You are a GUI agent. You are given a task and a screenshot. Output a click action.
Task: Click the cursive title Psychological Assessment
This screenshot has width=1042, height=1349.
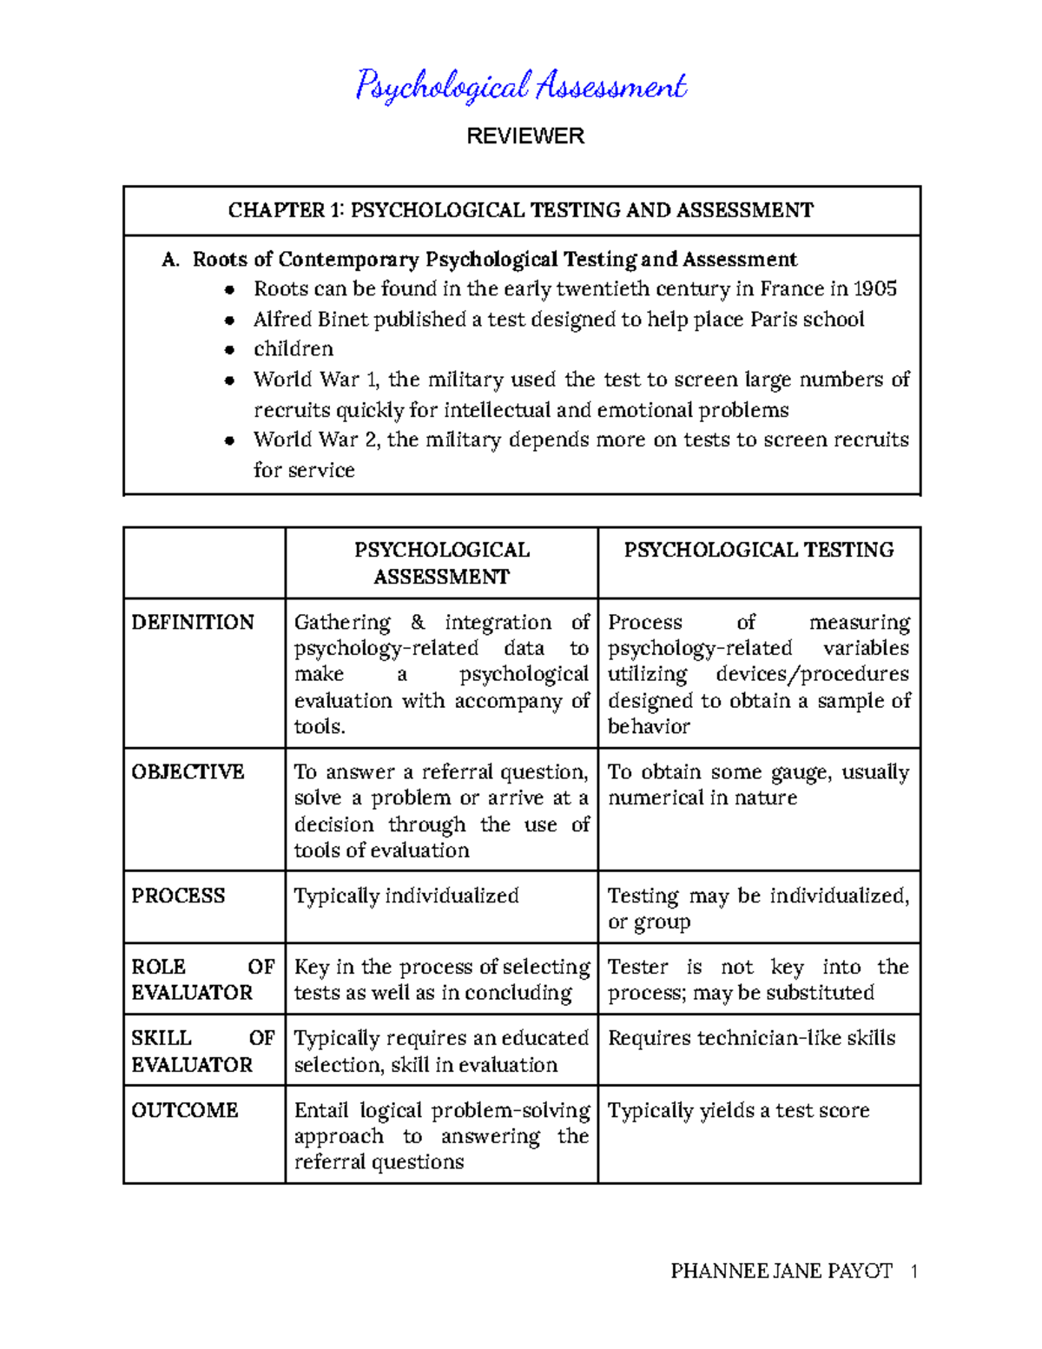point(521,86)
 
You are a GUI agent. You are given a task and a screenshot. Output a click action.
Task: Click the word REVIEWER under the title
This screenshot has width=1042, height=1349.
point(525,136)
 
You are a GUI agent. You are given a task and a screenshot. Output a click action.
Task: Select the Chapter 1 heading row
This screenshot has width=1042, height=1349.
point(521,210)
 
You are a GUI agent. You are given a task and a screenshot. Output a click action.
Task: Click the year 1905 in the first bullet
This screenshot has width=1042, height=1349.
point(874,288)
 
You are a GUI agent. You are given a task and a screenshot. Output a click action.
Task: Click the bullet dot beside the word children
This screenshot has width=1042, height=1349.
point(229,350)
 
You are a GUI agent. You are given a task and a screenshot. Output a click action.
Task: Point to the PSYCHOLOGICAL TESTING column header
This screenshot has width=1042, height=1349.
point(758,550)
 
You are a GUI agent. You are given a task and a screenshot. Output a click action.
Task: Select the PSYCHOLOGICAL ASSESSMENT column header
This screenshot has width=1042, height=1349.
point(441,563)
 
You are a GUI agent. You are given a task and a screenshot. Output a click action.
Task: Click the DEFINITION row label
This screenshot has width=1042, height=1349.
point(193,622)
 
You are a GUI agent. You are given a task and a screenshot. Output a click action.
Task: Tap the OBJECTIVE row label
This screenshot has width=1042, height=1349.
point(188,771)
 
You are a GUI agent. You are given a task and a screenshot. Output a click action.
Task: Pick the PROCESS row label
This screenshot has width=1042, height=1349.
point(178,896)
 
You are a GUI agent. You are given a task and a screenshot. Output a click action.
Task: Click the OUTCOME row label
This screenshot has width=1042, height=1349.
point(184,1110)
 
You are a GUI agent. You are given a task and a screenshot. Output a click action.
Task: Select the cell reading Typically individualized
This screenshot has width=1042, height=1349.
point(406,896)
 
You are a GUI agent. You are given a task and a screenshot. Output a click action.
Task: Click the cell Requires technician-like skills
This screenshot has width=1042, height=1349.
point(751,1038)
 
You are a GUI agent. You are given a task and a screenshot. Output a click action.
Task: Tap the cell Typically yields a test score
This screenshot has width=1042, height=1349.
point(738,1110)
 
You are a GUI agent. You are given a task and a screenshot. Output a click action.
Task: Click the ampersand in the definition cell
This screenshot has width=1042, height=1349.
point(418,622)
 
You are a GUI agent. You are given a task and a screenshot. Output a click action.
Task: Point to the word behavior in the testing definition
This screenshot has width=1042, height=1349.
point(649,726)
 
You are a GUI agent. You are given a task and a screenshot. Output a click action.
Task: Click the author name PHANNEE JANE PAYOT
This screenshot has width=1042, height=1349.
point(781,1272)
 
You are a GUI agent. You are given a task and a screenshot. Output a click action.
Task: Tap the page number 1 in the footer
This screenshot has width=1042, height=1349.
point(913,1272)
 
